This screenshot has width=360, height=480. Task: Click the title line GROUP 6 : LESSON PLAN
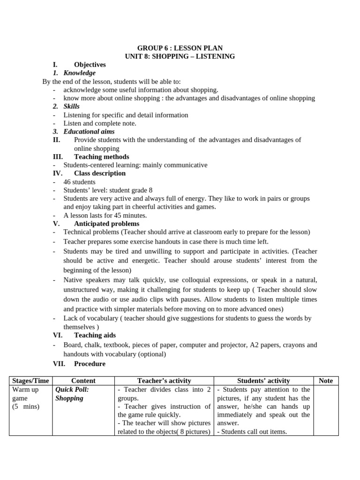tap(180, 48)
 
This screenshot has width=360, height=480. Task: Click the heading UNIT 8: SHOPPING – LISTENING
tap(180, 56)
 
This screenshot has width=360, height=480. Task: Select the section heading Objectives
tap(90, 65)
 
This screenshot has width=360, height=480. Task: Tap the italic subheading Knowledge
tap(79, 73)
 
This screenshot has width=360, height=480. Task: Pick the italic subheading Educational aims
tap(89, 132)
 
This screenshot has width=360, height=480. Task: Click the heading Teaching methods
tap(101, 157)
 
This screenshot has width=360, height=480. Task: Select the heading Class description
tap(99, 173)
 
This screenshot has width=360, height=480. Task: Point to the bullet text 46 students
tap(79, 182)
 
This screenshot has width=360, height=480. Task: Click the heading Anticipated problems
tap(106, 224)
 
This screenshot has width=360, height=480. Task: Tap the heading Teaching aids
tap(95, 335)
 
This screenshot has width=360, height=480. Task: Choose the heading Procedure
tap(90, 364)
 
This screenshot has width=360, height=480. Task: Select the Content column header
tap(83, 381)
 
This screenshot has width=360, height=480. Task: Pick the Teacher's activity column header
tap(164, 381)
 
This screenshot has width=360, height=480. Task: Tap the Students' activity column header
tap(263, 381)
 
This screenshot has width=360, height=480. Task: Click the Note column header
tap(325, 381)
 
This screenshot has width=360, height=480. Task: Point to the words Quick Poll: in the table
tap(72, 390)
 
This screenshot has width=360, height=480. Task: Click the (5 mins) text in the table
tap(26, 406)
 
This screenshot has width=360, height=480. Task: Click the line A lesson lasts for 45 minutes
tap(105, 216)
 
